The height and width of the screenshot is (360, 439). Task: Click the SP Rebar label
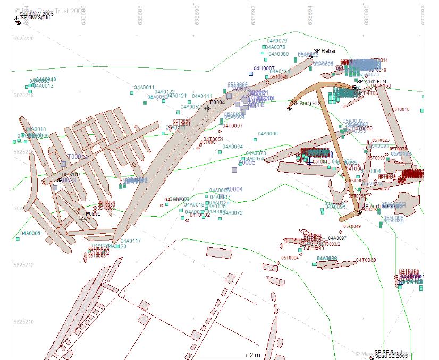[324, 51]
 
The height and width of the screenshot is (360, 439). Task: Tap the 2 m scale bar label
[255, 355]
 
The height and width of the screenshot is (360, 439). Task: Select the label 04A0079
[277, 41]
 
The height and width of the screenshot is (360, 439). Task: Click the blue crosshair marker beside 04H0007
[251, 74]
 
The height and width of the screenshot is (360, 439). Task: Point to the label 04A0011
[144, 88]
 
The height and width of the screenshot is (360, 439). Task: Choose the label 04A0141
[201, 96]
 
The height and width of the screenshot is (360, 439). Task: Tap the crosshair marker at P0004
[207, 108]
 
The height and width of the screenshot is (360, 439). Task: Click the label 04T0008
[366, 260]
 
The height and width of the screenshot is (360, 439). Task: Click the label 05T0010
[401, 109]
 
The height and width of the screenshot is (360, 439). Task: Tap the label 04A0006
[268, 134]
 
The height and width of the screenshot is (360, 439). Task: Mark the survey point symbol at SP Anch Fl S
[290, 109]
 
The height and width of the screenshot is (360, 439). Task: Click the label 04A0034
[233, 147]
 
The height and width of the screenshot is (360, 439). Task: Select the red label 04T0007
[232, 126]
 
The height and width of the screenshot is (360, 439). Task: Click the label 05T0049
[352, 226]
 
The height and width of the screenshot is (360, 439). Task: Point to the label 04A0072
[232, 213]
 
